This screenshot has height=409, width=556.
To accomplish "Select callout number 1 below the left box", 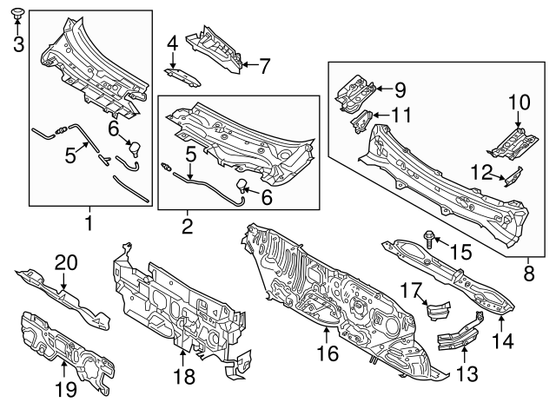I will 88,226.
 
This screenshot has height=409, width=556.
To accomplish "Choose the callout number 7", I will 265,64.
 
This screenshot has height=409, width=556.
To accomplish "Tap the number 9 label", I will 400,89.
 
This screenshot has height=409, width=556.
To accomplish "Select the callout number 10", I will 518,102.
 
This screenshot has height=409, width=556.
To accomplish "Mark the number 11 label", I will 400,115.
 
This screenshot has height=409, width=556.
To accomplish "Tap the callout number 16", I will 326,353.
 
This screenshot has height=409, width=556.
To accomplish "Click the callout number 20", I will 66,262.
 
